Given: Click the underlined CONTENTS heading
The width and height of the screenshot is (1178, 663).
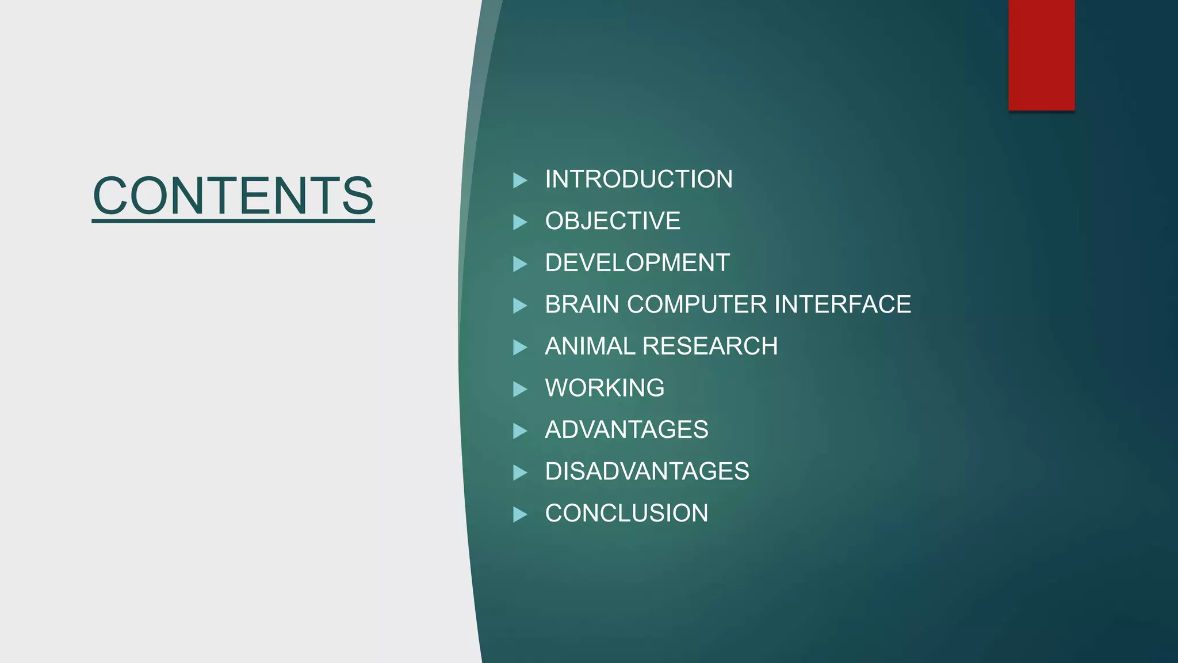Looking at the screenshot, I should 233,196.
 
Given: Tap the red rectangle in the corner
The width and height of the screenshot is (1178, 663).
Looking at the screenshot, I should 1041,55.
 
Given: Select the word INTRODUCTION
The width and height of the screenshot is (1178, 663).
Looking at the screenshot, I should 638,180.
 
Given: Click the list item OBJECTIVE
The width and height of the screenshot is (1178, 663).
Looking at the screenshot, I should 613,221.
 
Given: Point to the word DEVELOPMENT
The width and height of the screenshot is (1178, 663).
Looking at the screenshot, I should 637,263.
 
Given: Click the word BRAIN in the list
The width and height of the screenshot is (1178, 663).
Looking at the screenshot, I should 582,304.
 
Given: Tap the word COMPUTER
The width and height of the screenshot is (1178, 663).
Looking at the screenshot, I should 697,304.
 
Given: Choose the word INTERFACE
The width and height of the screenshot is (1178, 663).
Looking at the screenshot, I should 843,304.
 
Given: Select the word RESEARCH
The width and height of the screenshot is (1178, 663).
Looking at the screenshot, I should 710,346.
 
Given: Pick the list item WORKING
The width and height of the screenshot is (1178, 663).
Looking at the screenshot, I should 605,388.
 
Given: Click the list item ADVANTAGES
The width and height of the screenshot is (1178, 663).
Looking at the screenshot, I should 626,430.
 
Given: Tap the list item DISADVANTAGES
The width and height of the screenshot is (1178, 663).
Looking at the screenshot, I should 647,471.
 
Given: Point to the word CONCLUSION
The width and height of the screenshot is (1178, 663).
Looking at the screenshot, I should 626,513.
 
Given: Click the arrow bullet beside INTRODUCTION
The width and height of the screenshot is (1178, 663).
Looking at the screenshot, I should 519,180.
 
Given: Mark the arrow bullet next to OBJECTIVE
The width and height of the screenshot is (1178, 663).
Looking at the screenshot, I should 519,222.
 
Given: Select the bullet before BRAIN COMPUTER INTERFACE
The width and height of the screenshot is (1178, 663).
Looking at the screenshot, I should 519,306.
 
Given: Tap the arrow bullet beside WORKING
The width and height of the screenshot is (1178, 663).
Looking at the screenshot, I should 519,389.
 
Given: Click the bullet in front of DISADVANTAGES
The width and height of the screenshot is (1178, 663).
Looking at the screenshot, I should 519,473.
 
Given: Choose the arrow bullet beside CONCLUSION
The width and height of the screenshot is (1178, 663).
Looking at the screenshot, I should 519,515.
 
